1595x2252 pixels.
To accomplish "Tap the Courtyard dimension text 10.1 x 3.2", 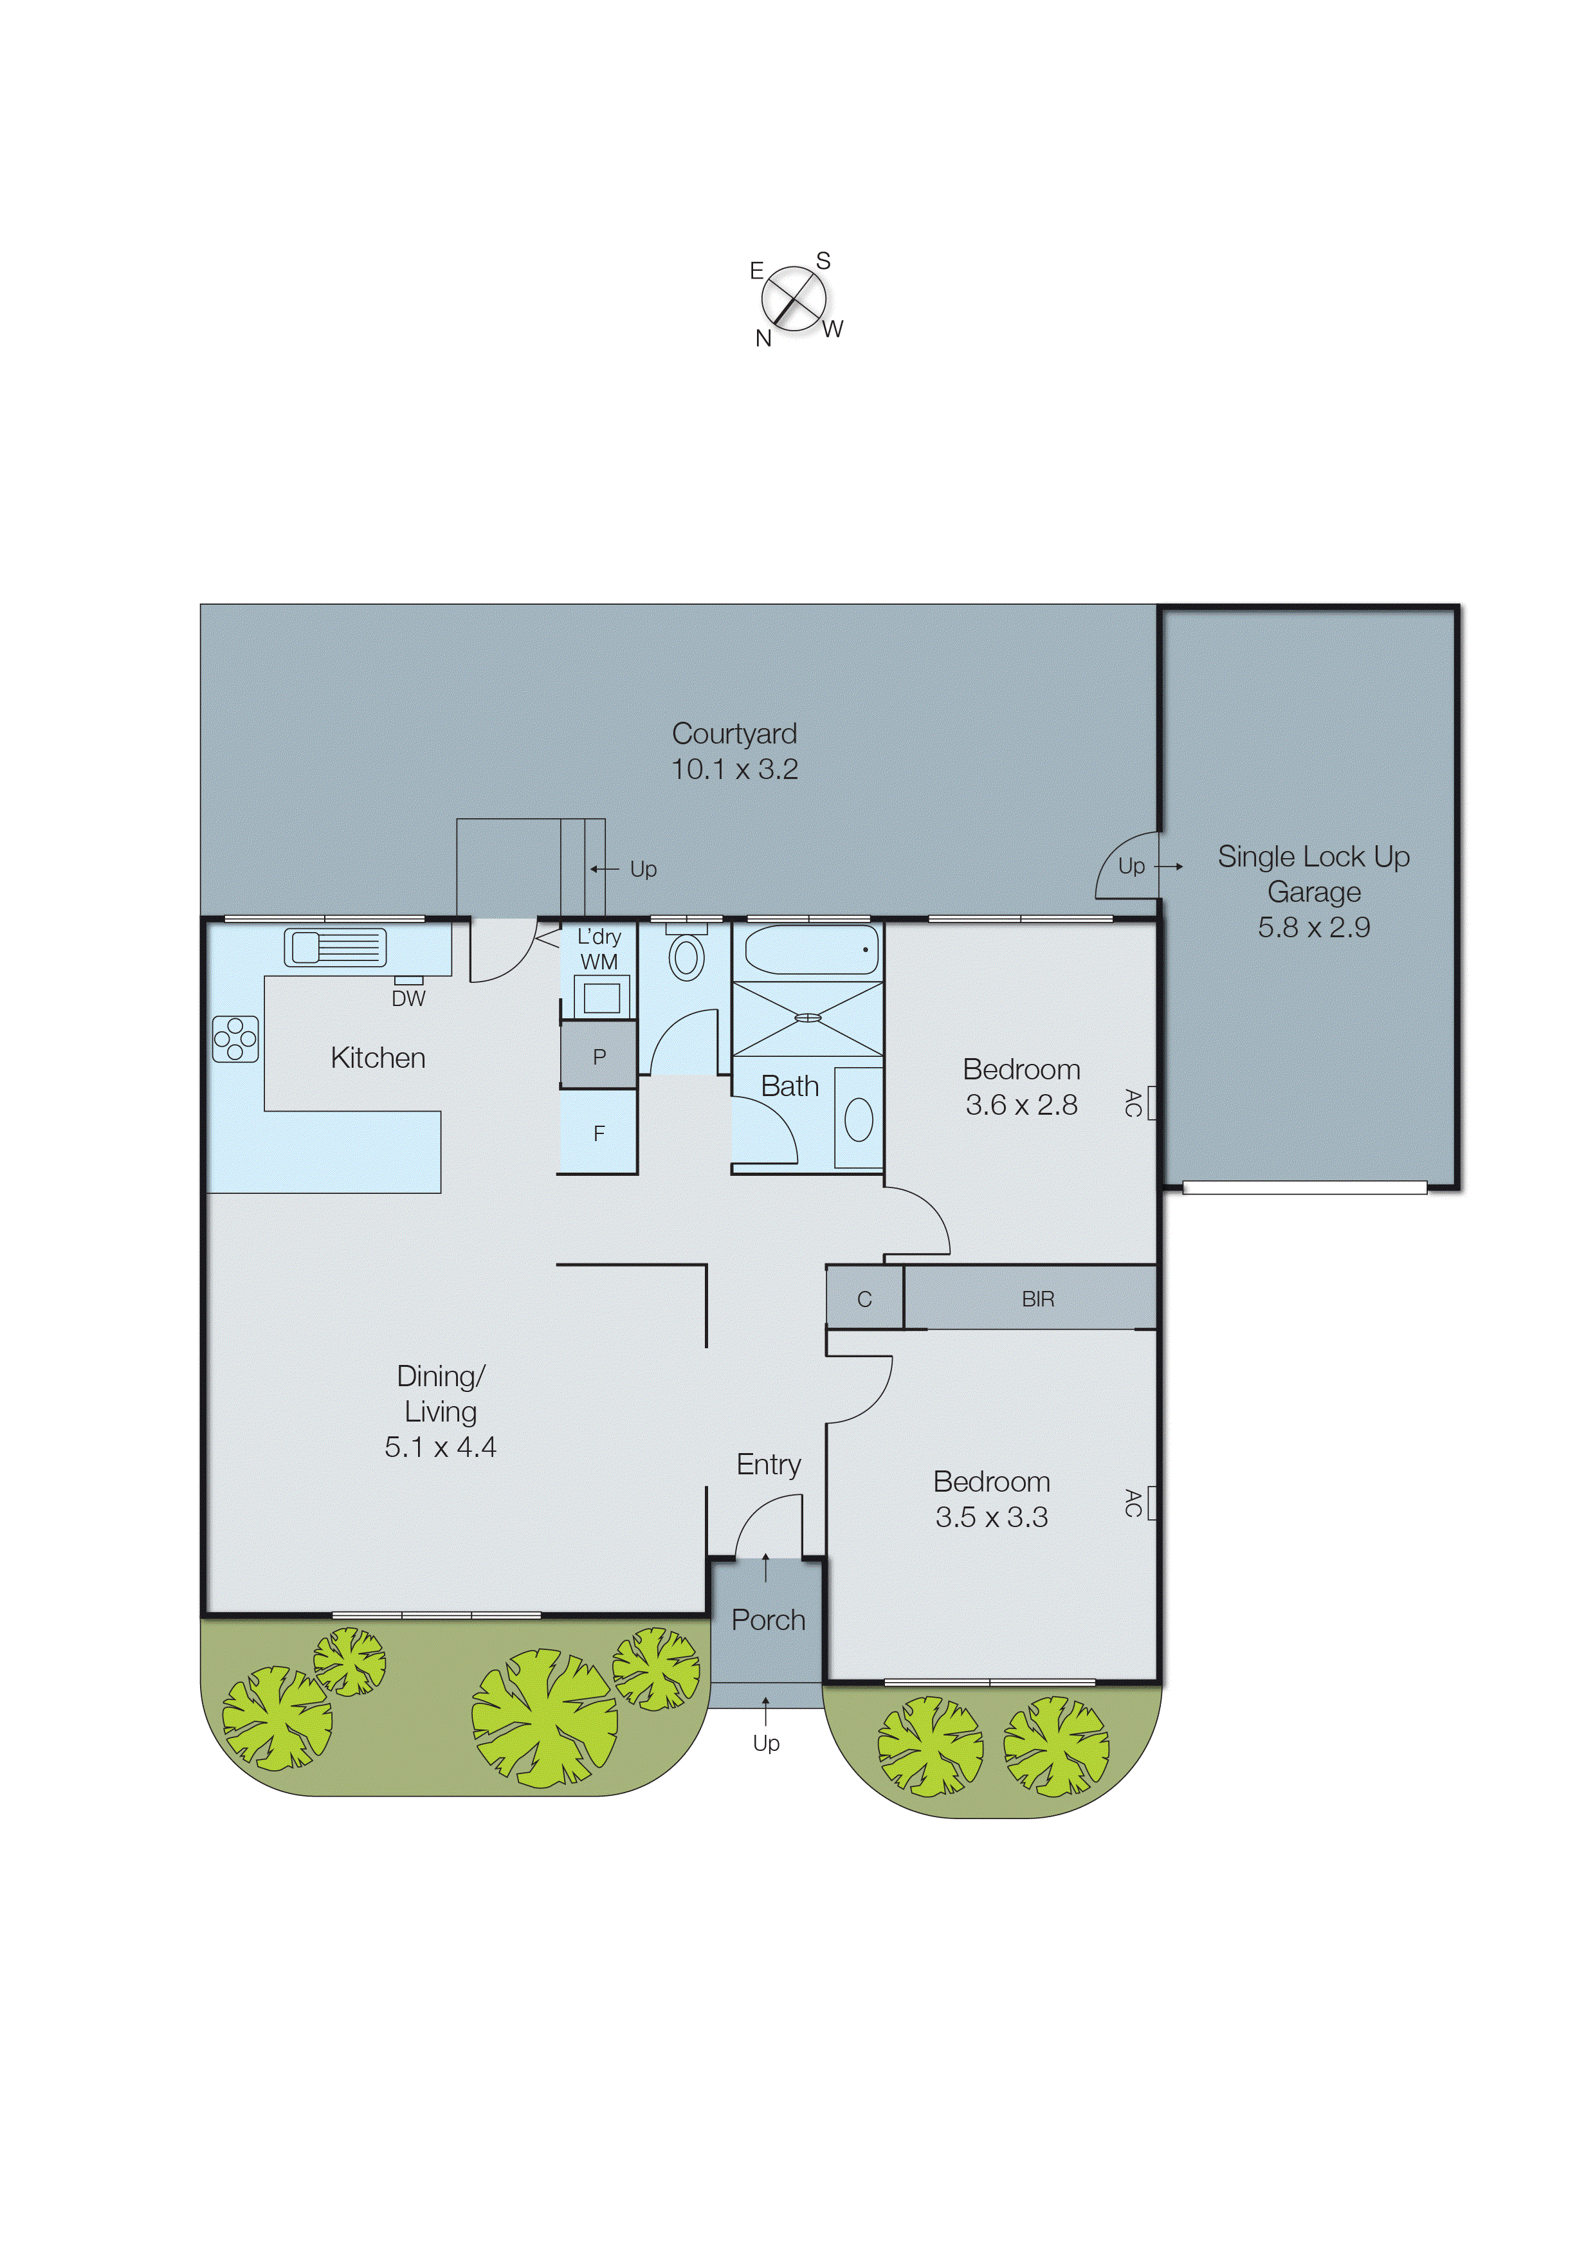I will click(x=734, y=769).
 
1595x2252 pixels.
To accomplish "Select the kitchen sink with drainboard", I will click(x=335, y=947).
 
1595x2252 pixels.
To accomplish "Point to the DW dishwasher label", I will click(x=408, y=999).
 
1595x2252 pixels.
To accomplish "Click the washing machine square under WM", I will click(x=601, y=998).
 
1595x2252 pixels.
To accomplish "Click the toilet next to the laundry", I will click(x=686, y=957).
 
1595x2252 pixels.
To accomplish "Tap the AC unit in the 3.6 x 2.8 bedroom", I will click(x=1152, y=1103).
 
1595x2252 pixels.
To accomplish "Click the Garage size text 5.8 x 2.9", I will click(x=1313, y=927).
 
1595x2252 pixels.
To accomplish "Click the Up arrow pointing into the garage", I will click(x=1168, y=866).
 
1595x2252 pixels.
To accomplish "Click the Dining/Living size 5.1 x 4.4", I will click(x=440, y=1447).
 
